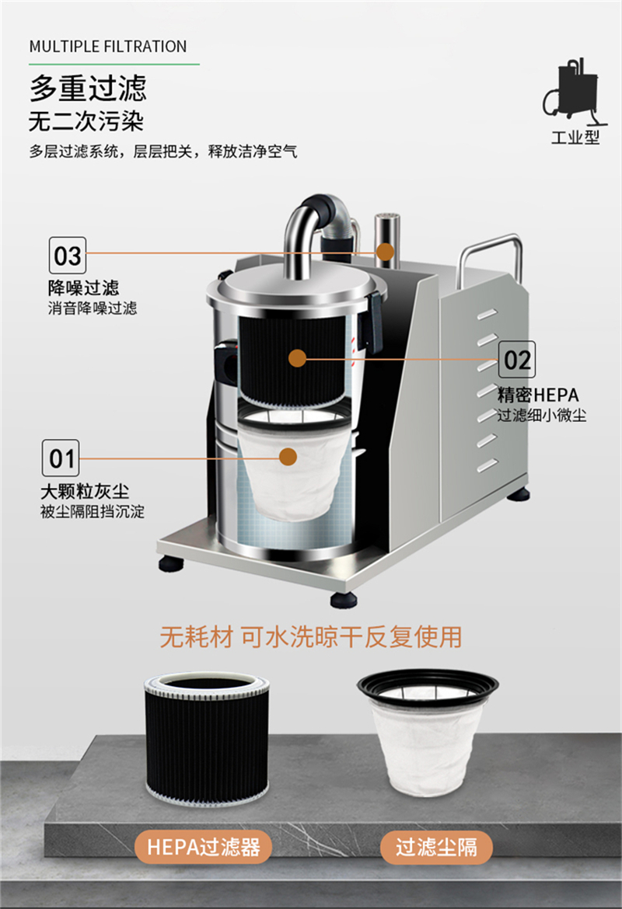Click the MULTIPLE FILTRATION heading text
click(x=108, y=47)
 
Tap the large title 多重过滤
click(x=88, y=88)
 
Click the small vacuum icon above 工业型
click(x=574, y=92)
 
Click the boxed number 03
click(x=67, y=255)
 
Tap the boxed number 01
click(x=61, y=458)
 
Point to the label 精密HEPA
click(x=538, y=395)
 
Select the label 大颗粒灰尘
click(x=85, y=492)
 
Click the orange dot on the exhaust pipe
click(x=384, y=251)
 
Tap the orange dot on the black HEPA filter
click(x=295, y=358)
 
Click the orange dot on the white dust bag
click(x=288, y=458)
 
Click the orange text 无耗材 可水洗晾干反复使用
click(x=310, y=637)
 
